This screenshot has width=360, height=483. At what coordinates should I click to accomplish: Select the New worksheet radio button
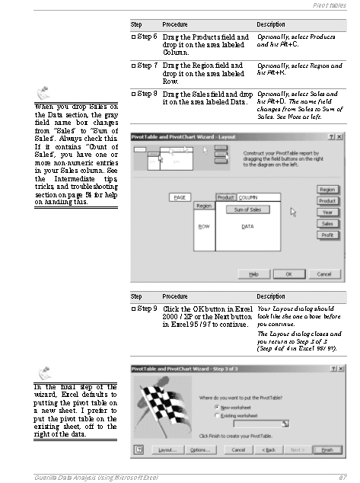point(217,407)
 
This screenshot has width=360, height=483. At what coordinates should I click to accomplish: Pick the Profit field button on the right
point(327,235)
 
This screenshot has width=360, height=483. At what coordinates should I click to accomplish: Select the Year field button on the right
point(327,213)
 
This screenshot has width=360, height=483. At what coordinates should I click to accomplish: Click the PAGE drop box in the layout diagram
point(180,197)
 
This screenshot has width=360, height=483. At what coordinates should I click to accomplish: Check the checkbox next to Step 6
point(133,37)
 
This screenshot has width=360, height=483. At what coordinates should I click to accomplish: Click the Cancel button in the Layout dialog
point(323,273)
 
